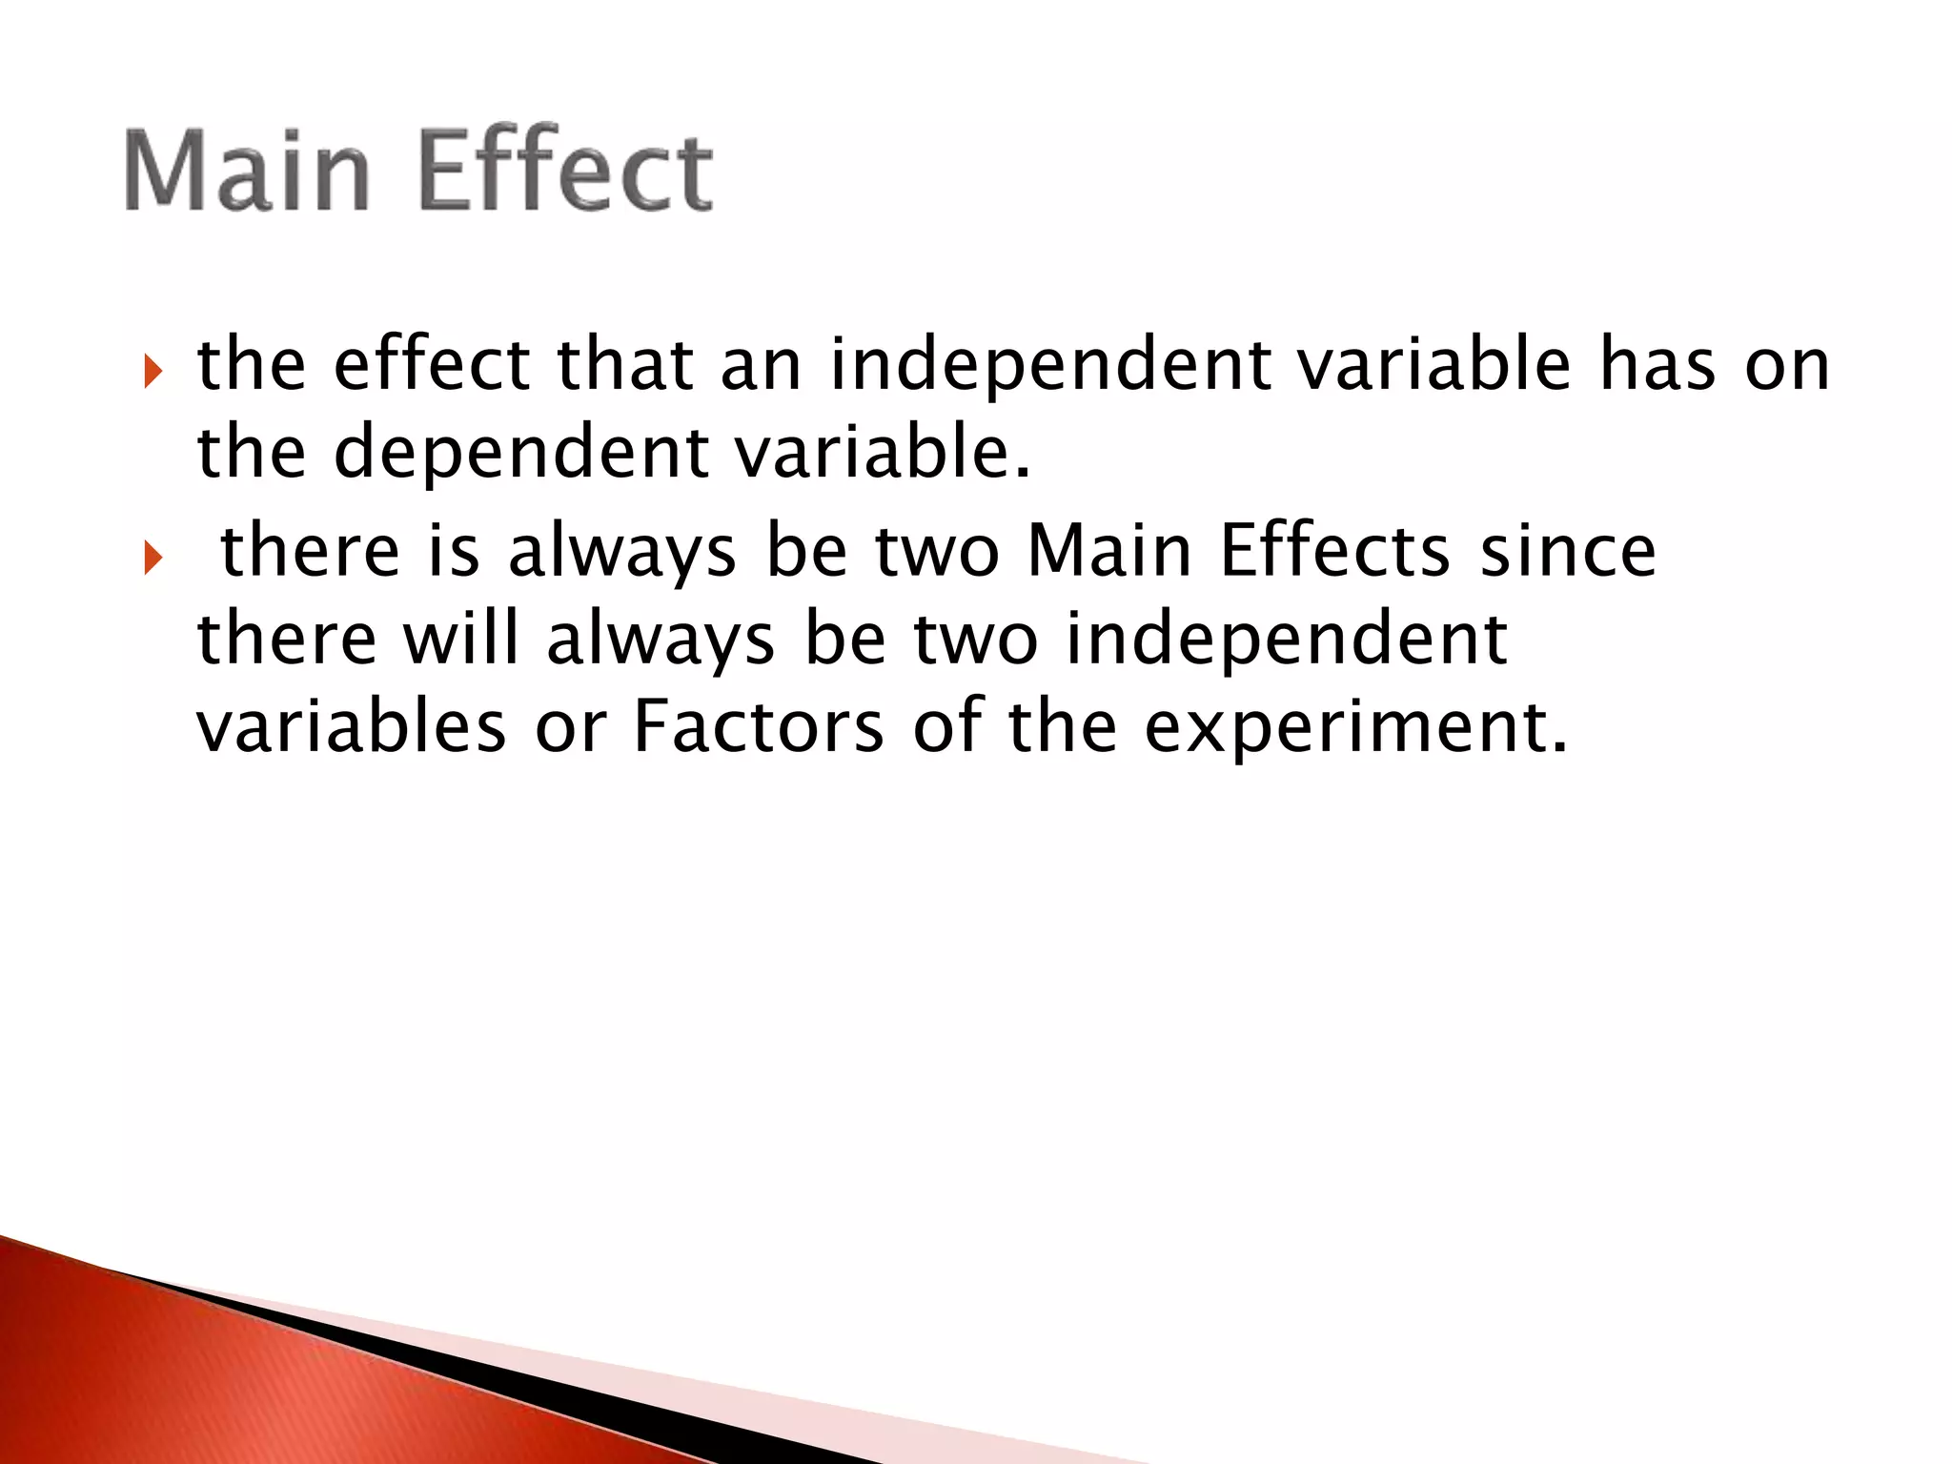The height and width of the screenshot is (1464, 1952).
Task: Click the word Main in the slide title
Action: click(246, 172)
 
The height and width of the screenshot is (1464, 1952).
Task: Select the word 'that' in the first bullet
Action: click(624, 365)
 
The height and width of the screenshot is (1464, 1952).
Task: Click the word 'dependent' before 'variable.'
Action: click(520, 453)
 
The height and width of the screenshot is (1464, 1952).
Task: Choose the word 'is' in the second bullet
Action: click(453, 552)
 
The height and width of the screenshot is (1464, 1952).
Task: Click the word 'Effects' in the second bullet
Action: click(1334, 552)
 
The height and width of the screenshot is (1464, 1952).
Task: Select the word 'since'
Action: click(1568, 552)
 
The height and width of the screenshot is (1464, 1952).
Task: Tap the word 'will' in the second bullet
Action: click(462, 639)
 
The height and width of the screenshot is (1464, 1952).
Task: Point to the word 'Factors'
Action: click(759, 727)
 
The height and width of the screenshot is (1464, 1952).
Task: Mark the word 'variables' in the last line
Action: click(351, 727)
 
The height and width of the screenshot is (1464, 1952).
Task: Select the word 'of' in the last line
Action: click(945, 727)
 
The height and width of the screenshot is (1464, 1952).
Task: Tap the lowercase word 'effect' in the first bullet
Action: click(431, 365)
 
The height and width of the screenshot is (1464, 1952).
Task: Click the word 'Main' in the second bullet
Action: click(1109, 552)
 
